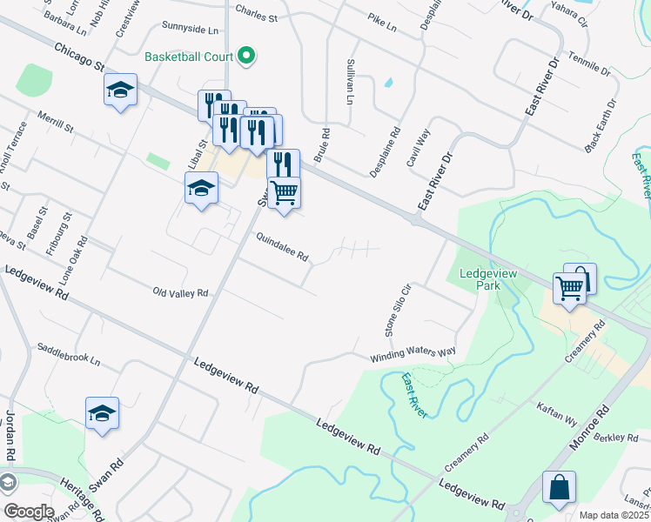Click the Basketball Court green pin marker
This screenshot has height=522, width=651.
coord(246,57)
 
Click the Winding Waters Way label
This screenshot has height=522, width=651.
coord(413,353)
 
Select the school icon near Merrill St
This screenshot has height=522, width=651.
coord(120,90)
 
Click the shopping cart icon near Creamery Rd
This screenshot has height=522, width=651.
coord(569,287)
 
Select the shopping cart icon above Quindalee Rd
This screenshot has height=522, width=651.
coord(284,192)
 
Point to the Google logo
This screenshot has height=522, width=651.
coord(28,512)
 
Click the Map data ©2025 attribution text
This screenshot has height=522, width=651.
coord(614,515)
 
